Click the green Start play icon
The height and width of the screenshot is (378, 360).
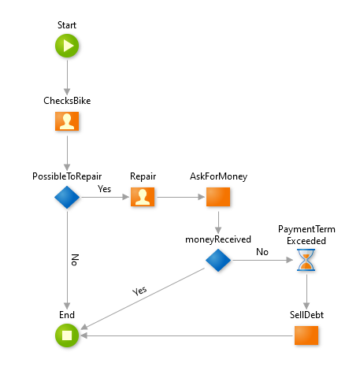tap(67, 46)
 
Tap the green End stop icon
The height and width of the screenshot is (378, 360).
tap(67, 335)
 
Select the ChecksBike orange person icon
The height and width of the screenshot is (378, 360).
tap(67, 121)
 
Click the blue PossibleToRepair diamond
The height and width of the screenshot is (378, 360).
tap(67, 197)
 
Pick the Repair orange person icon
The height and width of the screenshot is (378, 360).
tap(143, 197)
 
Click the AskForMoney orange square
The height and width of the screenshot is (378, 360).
tap(218, 197)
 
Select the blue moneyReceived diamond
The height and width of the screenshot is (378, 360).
tap(218, 260)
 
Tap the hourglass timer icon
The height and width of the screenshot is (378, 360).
tap(306, 260)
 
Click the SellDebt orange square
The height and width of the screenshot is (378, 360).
tap(306, 335)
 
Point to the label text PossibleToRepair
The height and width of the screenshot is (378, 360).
tap(67, 176)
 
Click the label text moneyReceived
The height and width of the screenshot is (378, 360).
tap(218, 239)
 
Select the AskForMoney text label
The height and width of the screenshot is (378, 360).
tap(218, 176)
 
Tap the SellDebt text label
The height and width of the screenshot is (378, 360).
tap(306, 315)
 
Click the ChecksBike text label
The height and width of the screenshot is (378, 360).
tap(67, 101)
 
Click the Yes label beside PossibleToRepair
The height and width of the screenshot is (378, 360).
tap(104, 189)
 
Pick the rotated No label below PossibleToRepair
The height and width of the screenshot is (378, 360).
tap(75, 260)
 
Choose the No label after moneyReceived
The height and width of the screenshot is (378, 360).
tap(262, 252)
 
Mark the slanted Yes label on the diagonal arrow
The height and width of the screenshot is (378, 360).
tap(139, 291)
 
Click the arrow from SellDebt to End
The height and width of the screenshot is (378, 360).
tap(187, 335)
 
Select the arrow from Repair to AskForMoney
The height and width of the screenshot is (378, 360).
tap(180, 197)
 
